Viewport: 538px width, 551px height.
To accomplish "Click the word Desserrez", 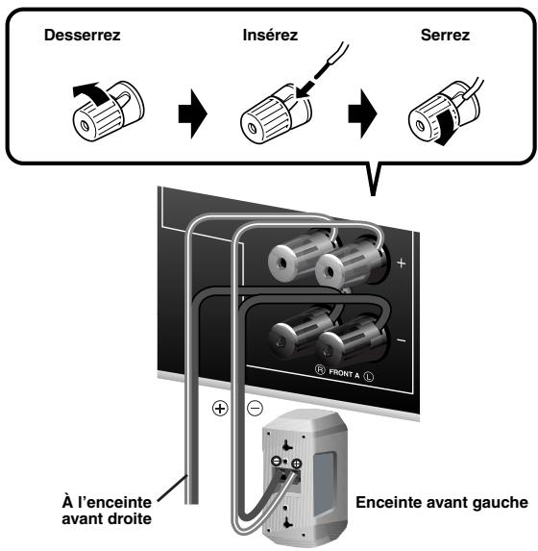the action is pos(83,36).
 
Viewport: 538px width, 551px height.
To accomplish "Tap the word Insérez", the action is pos(270,36).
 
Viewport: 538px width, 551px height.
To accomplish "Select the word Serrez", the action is pos(445,36).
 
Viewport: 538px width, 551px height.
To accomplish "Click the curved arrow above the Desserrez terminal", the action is pos(89,93).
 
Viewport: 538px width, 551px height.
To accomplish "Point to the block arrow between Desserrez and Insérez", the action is pos(192,113).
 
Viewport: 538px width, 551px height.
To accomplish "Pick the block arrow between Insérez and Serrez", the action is pos(362,113).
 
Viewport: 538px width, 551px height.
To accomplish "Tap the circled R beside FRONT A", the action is pos(320,369).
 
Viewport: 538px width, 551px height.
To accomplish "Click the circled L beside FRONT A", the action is pos(368,376).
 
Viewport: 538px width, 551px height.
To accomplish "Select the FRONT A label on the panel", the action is pos(344,373).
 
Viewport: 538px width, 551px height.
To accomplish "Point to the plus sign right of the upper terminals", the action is pos(401,263).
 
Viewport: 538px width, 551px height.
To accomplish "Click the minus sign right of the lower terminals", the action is pos(402,340).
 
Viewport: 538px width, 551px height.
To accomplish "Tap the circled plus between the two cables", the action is pos(220,409).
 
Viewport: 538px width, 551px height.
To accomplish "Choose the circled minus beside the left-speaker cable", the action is pos(255,408).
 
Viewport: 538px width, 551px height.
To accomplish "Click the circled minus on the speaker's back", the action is pos(276,461).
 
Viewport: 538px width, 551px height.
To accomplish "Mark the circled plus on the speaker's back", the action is pos(297,463).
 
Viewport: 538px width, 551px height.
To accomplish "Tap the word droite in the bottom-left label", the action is pos(130,518).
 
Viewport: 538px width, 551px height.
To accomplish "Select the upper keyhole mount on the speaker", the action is pos(287,445).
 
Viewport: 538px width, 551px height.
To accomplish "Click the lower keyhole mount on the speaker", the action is pos(287,522).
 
